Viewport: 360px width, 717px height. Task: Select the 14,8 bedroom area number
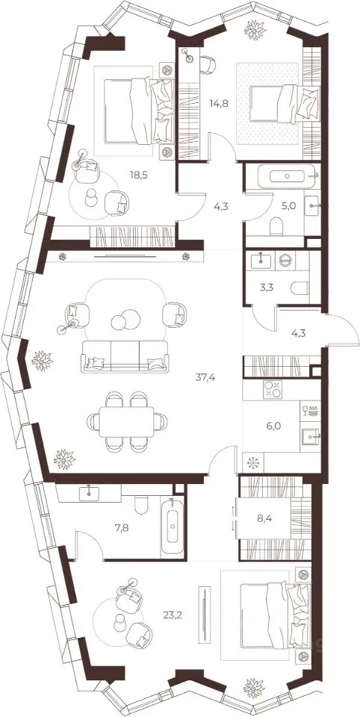click(219, 103)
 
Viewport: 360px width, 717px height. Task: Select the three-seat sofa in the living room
click(125, 356)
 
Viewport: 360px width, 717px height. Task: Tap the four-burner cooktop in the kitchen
click(272, 389)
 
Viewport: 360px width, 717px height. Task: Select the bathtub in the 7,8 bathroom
click(173, 527)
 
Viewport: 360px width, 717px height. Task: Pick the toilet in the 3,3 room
click(300, 288)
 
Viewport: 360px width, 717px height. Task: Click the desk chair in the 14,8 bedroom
click(208, 64)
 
